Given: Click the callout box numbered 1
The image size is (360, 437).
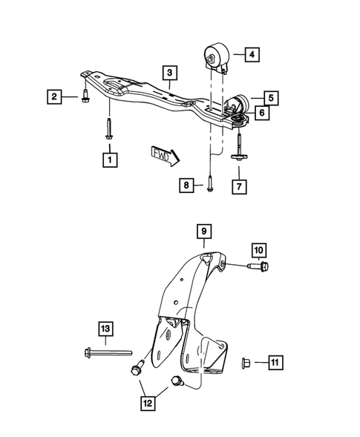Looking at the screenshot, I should (110, 159).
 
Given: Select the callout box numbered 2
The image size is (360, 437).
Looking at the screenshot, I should (54, 96).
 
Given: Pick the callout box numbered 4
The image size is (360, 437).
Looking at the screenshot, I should (252, 54).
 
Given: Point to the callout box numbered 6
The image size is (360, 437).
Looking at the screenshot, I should (261, 113).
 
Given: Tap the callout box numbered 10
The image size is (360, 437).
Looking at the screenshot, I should (259, 249).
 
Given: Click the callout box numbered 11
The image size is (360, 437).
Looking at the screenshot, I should (275, 362).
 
